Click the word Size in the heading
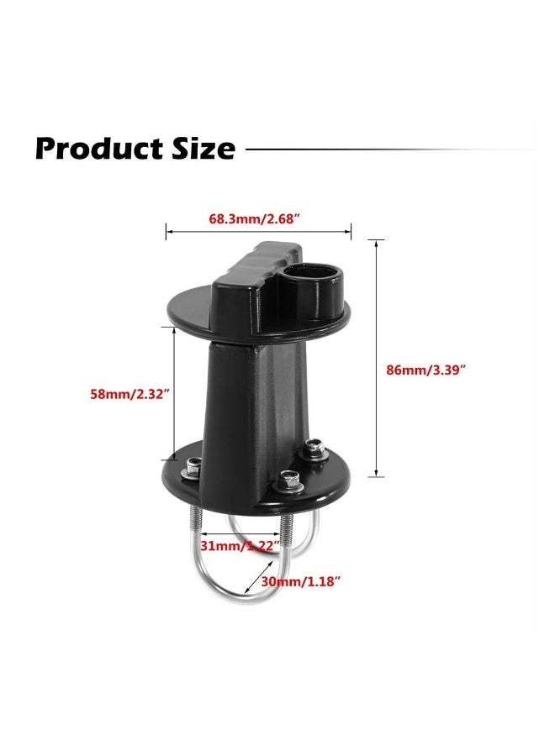[x=202, y=149]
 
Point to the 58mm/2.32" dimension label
[x=130, y=394]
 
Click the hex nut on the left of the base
[x=193, y=466]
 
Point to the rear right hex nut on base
[x=315, y=450]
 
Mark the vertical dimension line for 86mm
[x=376, y=357]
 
